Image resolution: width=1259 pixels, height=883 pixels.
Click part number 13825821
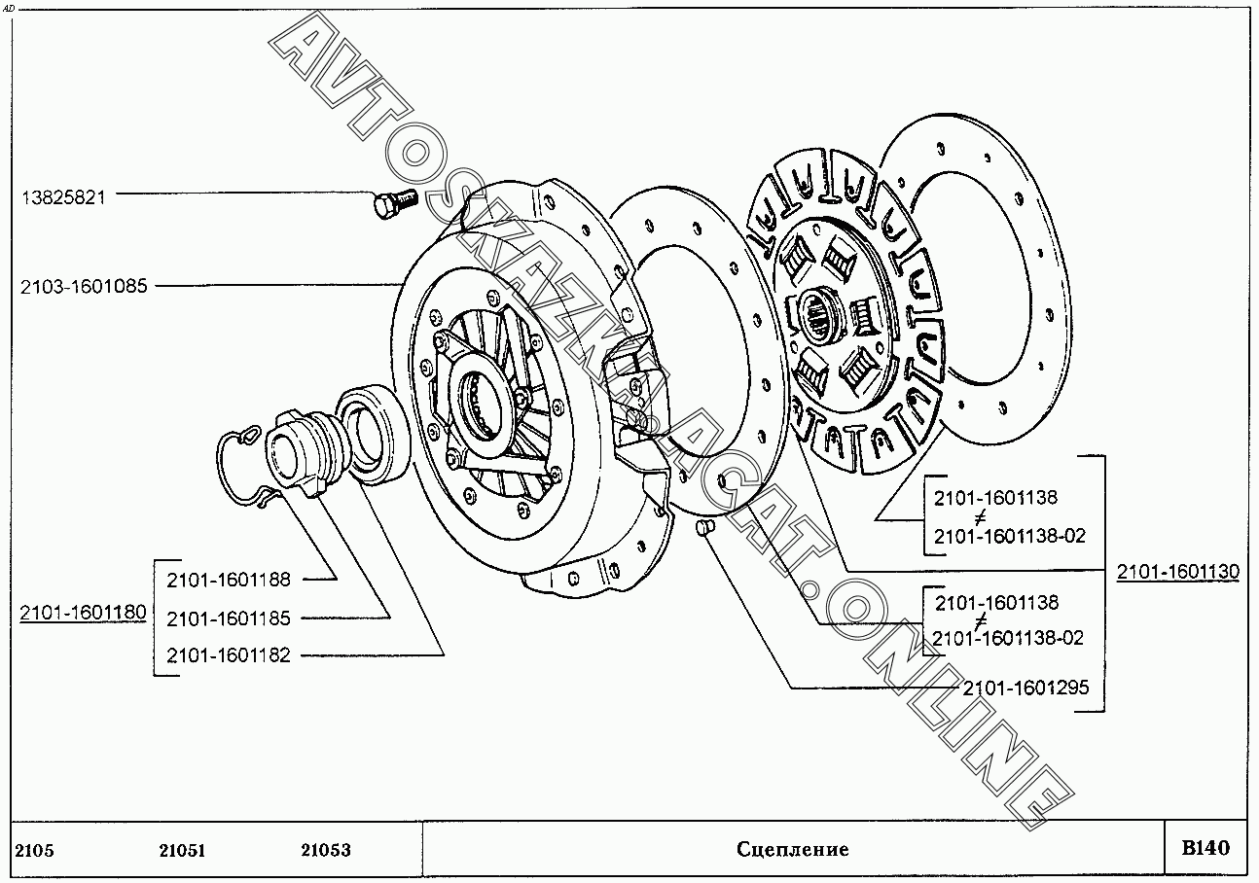click(x=63, y=195)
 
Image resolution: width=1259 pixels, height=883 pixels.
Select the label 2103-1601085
click(x=84, y=287)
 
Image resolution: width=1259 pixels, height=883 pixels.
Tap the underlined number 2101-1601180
click(x=84, y=613)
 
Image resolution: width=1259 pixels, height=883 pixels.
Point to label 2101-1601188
click(x=229, y=580)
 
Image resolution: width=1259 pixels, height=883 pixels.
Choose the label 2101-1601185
click(x=229, y=618)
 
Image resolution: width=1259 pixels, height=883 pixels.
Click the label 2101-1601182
click(x=229, y=655)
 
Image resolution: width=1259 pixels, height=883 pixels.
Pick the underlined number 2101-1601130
click(x=1177, y=572)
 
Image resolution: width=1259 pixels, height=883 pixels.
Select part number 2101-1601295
click(x=1025, y=689)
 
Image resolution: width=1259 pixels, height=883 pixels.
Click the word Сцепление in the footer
click(x=792, y=850)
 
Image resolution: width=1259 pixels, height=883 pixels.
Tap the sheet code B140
click(x=1205, y=848)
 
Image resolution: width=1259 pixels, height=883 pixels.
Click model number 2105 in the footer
click(x=35, y=850)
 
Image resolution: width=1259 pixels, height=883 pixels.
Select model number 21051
click(x=182, y=850)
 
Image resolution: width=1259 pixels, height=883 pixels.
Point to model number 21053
click(x=325, y=850)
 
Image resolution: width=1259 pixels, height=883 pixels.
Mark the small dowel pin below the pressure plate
click(x=707, y=527)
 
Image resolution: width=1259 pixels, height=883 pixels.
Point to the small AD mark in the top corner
click(x=10, y=7)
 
